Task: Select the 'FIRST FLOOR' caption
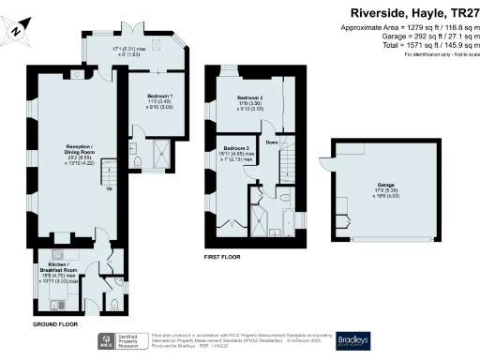(x=224, y=254)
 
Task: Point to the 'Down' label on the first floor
(x=271, y=142)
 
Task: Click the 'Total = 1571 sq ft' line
(x=408, y=46)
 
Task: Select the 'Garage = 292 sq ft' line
(x=408, y=37)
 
